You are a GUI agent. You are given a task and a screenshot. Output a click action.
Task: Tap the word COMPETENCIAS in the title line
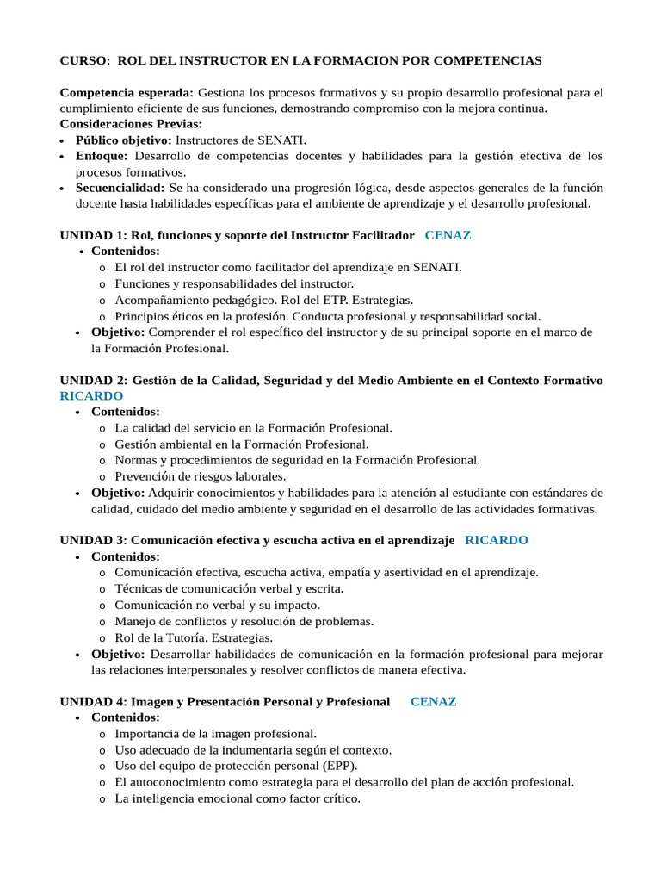click(x=494, y=60)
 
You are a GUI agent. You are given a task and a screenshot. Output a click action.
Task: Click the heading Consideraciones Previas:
click(x=130, y=124)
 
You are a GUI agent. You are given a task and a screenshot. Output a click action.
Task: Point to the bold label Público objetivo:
click(x=124, y=140)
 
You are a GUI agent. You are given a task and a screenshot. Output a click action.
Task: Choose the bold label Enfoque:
click(x=102, y=156)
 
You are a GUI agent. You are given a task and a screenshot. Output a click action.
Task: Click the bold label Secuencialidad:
click(x=120, y=188)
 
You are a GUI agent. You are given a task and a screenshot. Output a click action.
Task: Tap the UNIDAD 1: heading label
click(x=93, y=235)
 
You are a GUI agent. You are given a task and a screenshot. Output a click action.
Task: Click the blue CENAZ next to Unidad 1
click(x=448, y=235)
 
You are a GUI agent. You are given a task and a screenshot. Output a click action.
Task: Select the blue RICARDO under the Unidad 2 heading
click(x=91, y=396)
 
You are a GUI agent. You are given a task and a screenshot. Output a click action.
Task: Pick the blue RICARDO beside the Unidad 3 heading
click(x=496, y=540)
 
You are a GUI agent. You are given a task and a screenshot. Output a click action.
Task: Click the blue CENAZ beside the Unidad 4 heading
click(x=433, y=701)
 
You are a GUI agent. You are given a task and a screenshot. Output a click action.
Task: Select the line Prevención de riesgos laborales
click(x=200, y=476)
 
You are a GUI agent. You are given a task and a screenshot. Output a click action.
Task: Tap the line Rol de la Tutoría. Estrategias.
click(x=194, y=637)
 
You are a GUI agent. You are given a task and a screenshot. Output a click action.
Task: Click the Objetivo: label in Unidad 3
click(x=118, y=654)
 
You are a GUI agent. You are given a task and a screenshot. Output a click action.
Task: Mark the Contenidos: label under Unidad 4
click(x=126, y=717)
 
